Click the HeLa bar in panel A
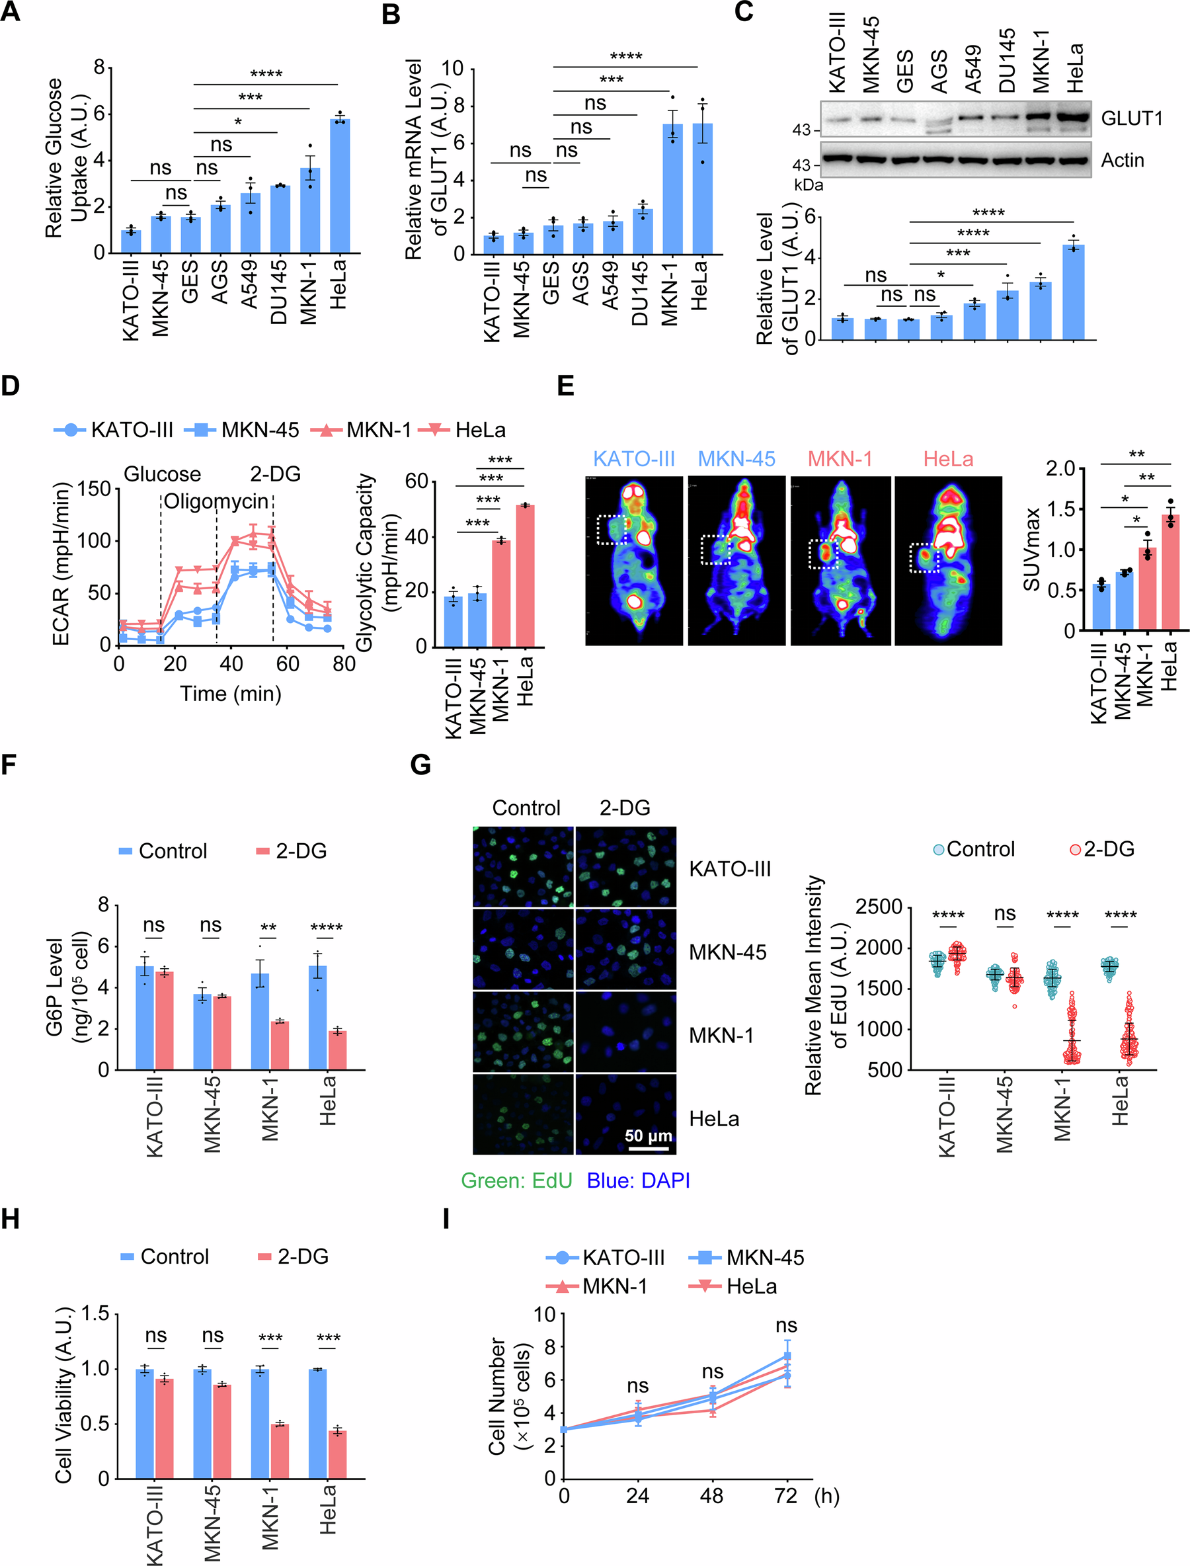[339, 188]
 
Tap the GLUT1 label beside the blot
[1131, 118]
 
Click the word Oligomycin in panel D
[216, 502]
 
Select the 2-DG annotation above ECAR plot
[275, 474]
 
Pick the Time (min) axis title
[230, 693]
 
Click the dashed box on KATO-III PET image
[612, 530]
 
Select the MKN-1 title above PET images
[840, 459]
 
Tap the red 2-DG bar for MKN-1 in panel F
[279, 1044]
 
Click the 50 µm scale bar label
[647, 1136]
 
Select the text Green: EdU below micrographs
[516, 1180]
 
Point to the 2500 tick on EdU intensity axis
[879, 908]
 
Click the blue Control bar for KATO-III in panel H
[145, 1424]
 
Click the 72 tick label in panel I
[786, 1496]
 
